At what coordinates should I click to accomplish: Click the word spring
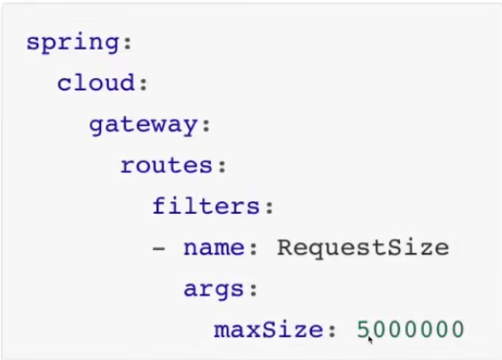(x=73, y=43)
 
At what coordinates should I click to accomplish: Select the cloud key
(x=96, y=82)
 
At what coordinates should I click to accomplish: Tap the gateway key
(x=143, y=125)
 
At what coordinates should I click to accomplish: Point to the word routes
(x=167, y=166)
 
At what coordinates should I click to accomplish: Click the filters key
(x=206, y=206)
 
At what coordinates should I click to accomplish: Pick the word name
(x=214, y=248)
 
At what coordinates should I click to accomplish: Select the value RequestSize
(x=363, y=248)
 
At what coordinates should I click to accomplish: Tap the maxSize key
(x=269, y=330)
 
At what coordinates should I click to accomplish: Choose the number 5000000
(x=410, y=329)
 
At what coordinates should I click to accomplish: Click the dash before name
(x=159, y=248)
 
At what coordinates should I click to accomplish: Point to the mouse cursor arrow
(x=370, y=340)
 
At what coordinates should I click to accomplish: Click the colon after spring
(x=128, y=43)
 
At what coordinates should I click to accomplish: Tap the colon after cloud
(x=144, y=84)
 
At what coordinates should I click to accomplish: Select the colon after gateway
(x=207, y=125)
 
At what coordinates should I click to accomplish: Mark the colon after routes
(x=223, y=166)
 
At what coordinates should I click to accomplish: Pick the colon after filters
(x=270, y=207)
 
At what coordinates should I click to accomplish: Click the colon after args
(x=254, y=289)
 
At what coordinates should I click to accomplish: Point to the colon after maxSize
(x=332, y=330)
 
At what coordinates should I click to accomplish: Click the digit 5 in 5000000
(x=364, y=329)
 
